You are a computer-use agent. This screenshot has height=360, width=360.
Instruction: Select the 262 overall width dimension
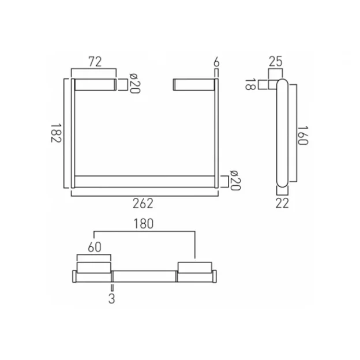143,203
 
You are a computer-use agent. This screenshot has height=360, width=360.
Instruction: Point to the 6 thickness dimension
216,61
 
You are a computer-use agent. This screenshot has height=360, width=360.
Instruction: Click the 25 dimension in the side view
276,61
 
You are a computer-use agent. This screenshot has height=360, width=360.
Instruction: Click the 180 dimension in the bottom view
144,224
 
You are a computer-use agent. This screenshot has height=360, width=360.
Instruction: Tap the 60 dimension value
93,247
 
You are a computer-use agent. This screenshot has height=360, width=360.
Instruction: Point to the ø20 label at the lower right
234,181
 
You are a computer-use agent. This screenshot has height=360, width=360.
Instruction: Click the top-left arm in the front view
93,85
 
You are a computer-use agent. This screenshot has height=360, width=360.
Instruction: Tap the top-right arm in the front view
194,85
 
